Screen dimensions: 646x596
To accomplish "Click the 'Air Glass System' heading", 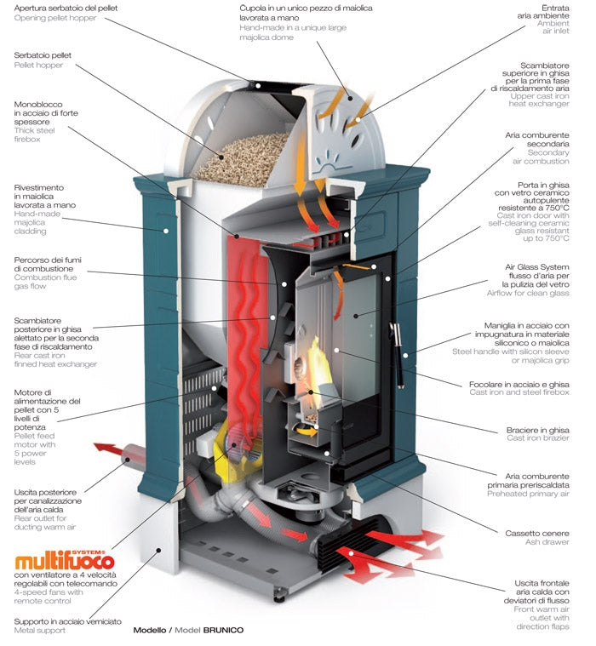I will (536, 266).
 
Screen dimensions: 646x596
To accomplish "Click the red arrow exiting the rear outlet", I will (106, 449).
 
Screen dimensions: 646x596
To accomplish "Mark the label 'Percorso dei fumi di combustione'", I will (47, 265).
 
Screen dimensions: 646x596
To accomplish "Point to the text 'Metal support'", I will (40, 631).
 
